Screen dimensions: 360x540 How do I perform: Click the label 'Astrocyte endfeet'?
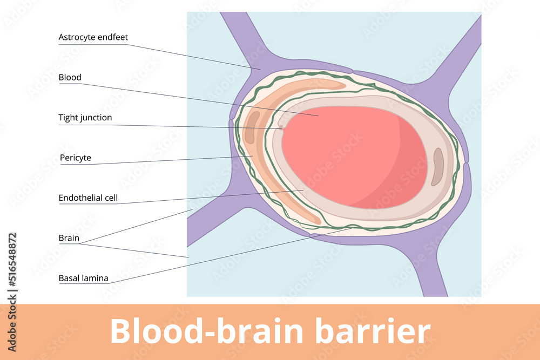(93, 37)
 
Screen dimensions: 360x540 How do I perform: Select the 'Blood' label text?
(70, 77)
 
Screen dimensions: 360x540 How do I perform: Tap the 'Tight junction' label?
(85, 118)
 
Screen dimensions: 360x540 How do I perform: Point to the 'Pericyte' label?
(76, 158)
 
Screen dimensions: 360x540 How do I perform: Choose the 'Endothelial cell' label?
(88, 198)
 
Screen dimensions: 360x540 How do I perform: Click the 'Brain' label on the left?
(69, 238)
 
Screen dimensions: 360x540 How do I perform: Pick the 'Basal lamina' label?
(83, 279)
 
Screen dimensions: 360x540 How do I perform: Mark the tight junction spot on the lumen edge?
(281, 128)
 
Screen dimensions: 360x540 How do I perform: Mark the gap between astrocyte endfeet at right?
(468, 162)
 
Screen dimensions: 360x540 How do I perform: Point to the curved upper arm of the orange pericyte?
(302, 86)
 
